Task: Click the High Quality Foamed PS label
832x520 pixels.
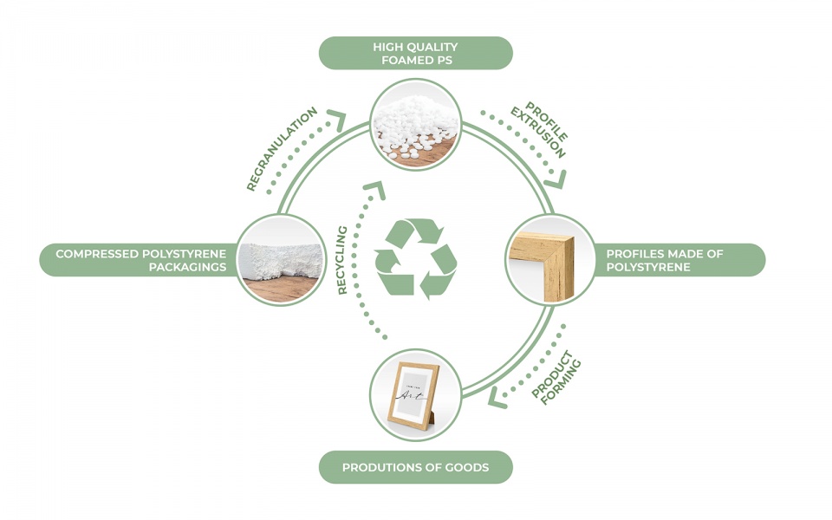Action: [x=415, y=53]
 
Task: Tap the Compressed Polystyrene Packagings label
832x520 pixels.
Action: [x=139, y=260]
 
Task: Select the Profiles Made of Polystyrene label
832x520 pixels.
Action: [x=676, y=260]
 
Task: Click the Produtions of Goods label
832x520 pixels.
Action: [x=415, y=467]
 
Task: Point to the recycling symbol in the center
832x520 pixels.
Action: [x=415, y=258]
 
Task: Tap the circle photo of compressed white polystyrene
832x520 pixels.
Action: [x=279, y=260]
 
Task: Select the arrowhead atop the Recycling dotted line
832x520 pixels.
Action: [x=375, y=186]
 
